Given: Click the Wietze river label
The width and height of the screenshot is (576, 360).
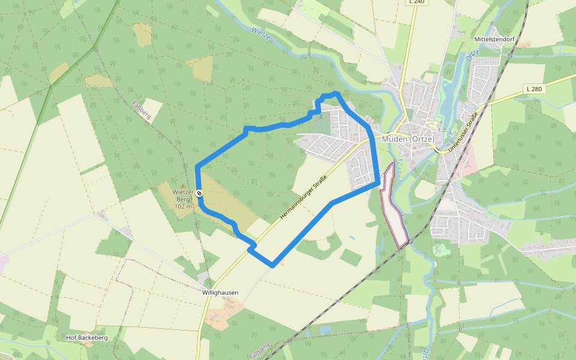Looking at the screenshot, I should point(262,34).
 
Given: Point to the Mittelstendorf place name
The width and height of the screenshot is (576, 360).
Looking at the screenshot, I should point(494,39).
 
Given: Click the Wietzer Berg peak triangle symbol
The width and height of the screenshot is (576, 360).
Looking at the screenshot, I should point(183,186).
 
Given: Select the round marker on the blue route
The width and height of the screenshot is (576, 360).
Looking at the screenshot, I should point(199,193).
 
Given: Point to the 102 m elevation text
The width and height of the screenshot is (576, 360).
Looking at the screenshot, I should point(184,206).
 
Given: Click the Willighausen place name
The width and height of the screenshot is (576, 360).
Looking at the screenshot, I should point(220,293).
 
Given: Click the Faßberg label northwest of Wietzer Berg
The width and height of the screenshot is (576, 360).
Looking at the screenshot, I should point(140,110).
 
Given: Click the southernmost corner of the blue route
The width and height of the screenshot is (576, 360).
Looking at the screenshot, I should point(273,265).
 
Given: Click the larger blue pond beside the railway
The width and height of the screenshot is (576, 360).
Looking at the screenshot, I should point(325,330).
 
